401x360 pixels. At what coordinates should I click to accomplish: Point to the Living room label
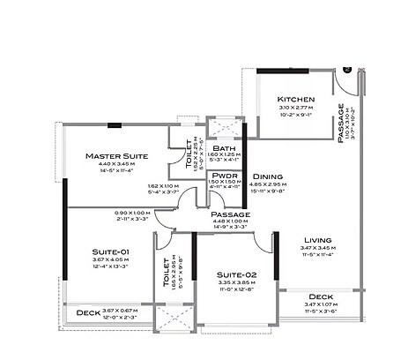point(317,240)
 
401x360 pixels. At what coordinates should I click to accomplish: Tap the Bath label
point(223,148)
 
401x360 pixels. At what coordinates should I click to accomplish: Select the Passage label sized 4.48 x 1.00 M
point(230,214)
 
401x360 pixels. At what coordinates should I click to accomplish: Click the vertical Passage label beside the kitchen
point(340,123)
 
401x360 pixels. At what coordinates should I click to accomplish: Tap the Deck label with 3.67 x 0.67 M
point(87,312)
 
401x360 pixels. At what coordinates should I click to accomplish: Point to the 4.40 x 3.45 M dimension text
point(116,165)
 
